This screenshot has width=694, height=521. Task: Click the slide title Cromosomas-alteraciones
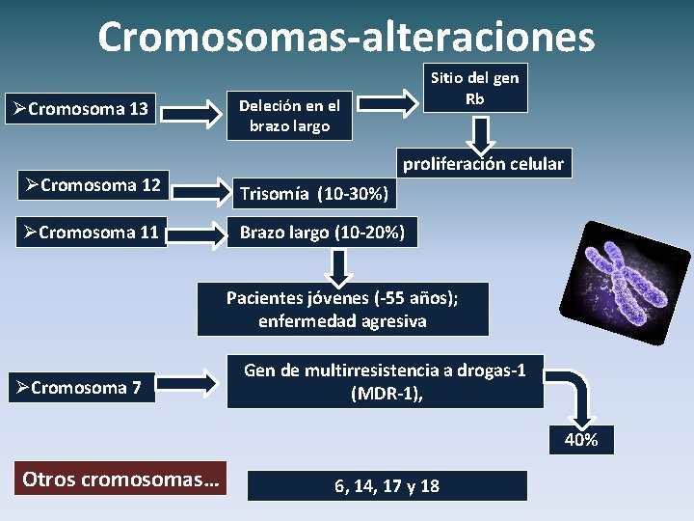(x=346, y=37)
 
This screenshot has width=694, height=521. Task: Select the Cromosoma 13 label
(x=82, y=108)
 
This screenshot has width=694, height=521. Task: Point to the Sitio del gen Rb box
(x=474, y=88)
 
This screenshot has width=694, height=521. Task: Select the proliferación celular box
(x=482, y=163)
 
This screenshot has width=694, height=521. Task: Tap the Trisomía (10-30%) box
(x=314, y=195)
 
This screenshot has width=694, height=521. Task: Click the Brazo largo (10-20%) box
(x=322, y=233)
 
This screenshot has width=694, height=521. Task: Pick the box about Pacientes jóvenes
(x=342, y=309)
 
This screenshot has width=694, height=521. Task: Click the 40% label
(x=580, y=440)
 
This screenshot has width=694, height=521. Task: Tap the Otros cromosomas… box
(x=120, y=479)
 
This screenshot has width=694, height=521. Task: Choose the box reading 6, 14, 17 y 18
(x=387, y=485)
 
